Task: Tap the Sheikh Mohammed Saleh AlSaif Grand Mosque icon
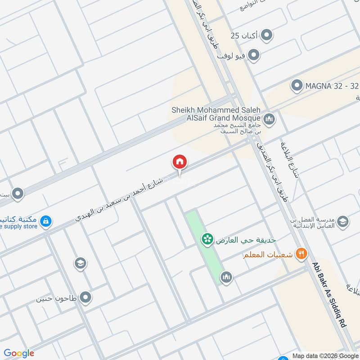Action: [270, 119]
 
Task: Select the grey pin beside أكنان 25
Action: [267, 35]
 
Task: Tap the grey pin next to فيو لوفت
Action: [254, 55]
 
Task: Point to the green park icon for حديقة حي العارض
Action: [207, 239]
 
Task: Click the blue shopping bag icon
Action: [45, 221]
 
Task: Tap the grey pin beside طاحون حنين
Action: [85, 297]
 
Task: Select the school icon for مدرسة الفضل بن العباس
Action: [342, 221]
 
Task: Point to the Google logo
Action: [19, 353]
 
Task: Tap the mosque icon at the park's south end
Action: [226, 278]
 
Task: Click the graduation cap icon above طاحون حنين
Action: [81, 263]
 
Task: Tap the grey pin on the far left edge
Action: [18, 194]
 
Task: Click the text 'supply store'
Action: [20, 226]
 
